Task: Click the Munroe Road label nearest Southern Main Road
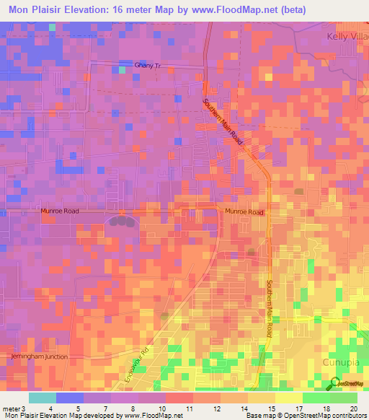click(x=245, y=212)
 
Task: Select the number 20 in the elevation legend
click(x=352, y=408)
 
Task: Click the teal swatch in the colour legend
click(x=42, y=398)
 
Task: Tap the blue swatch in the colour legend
click(x=69, y=398)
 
